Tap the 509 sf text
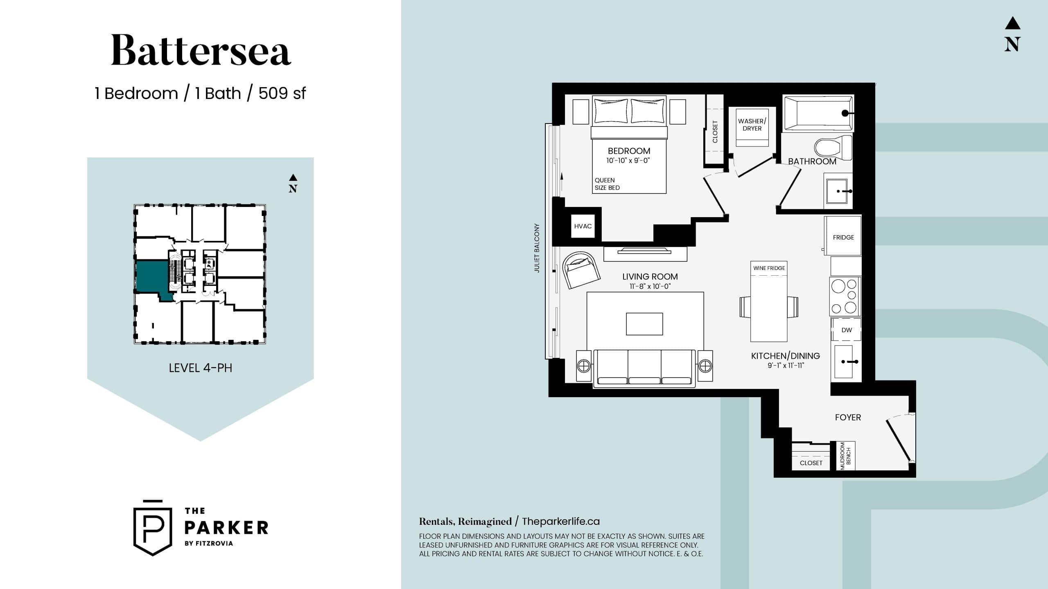[x=282, y=93]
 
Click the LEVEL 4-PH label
[x=200, y=368]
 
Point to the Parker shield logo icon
[x=153, y=528]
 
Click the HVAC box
[x=583, y=226]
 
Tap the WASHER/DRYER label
[x=752, y=125]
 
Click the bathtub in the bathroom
[x=818, y=113]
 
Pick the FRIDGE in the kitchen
[x=843, y=237]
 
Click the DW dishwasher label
[x=846, y=330]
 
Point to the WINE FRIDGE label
[x=769, y=268]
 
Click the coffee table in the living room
[x=644, y=324]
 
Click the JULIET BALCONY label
[x=537, y=248]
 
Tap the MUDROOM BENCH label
[x=845, y=456]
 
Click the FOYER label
[x=848, y=417]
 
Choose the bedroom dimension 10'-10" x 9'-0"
[x=628, y=161]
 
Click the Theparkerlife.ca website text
[x=560, y=522]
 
